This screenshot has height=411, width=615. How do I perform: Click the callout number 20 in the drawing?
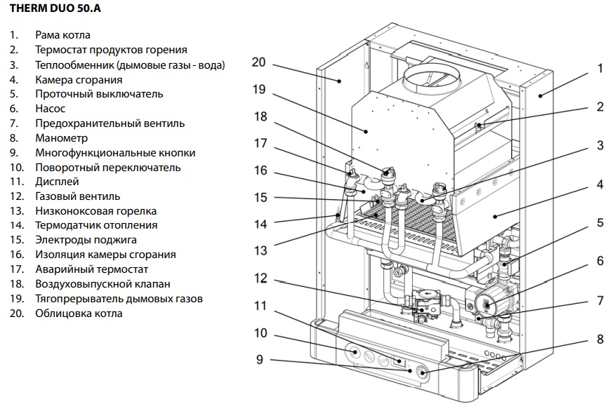click(x=259, y=62)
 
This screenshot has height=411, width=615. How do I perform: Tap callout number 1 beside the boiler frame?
click(x=600, y=69)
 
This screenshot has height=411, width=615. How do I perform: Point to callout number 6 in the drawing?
click(x=600, y=260)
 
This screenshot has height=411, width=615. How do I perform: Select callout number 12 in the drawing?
click(x=260, y=278)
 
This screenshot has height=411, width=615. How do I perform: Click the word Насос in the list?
click(x=51, y=109)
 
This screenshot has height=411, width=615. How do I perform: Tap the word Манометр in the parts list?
click(x=62, y=138)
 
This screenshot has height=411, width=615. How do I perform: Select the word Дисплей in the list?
click(x=58, y=182)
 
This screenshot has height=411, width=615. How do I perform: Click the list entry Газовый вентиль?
click(x=78, y=196)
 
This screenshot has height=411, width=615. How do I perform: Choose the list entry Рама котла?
click(x=63, y=34)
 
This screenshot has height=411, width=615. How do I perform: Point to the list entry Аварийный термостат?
click(x=92, y=269)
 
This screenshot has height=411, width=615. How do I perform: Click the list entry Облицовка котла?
click(x=79, y=313)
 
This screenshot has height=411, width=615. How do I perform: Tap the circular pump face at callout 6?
click(x=487, y=303)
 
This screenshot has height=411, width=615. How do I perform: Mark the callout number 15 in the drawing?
click(x=260, y=198)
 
